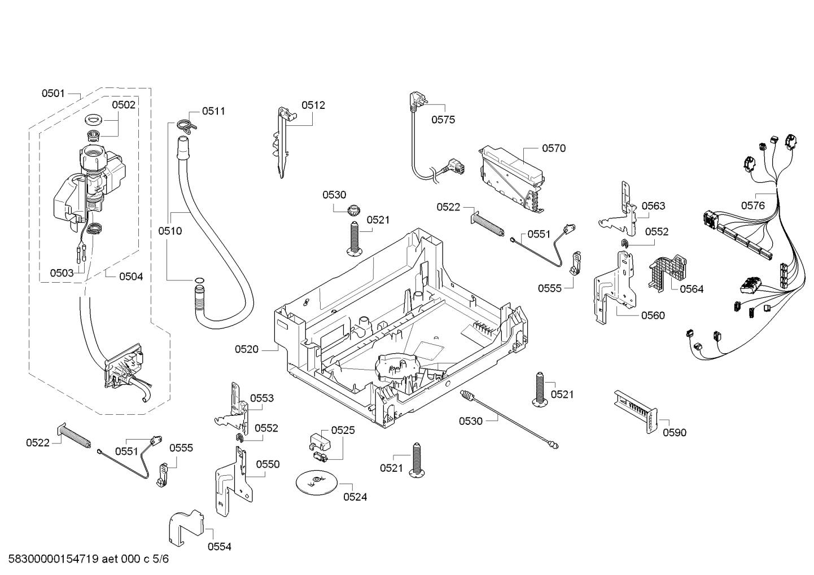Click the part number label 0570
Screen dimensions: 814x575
pyautogui.click(x=554, y=148)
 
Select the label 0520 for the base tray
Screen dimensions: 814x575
pyautogui.click(x=246, y=349)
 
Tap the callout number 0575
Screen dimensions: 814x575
pyautogui.click(x=443, y=120)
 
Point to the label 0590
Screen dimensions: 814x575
pyautogui.click(x=675, y=433)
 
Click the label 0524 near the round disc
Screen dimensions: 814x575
pyautogui.click(x=355, y=497)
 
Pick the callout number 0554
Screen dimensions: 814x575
pyautogui.click(x=220, y=547)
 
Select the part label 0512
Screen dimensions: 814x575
pyautogui.click(x=313, y=106)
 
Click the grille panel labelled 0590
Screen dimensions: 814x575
pyautogui.click(x=636, y=411)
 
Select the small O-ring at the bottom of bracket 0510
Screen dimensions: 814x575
pyautogui.click(x=199, y=280)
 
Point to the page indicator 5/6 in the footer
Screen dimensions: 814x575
pyautogui.click(x=161, y=559)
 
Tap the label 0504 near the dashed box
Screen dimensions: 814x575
pyautogui.click(x=131, y=277)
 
